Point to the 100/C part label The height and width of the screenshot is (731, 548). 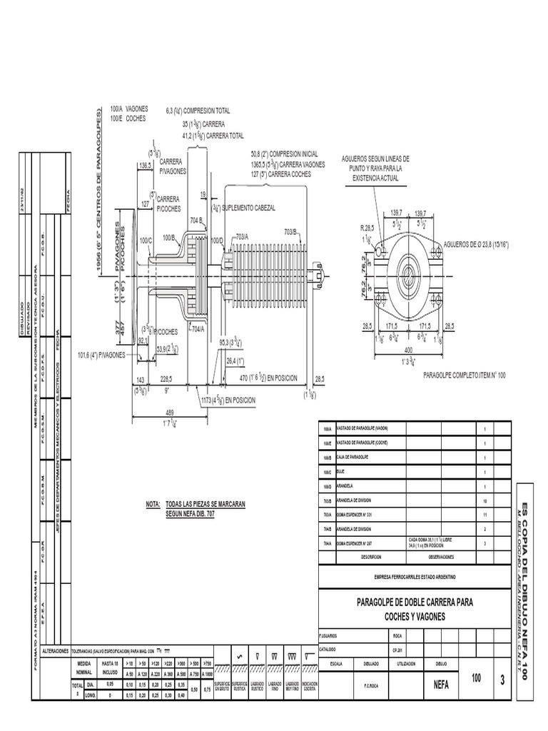click(x=146, y=240)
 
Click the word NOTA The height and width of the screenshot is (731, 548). click(x=153, y=504)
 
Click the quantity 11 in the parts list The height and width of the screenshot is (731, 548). click(x=484, y=514)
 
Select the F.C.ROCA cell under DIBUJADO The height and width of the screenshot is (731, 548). click(x=372, y=683)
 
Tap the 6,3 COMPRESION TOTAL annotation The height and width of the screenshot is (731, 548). click(x=198, y=111)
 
